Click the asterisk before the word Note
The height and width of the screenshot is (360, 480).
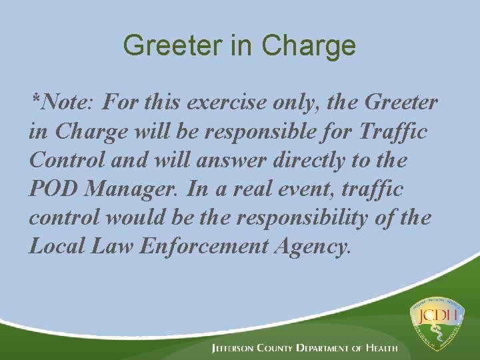(x=35, y=101)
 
